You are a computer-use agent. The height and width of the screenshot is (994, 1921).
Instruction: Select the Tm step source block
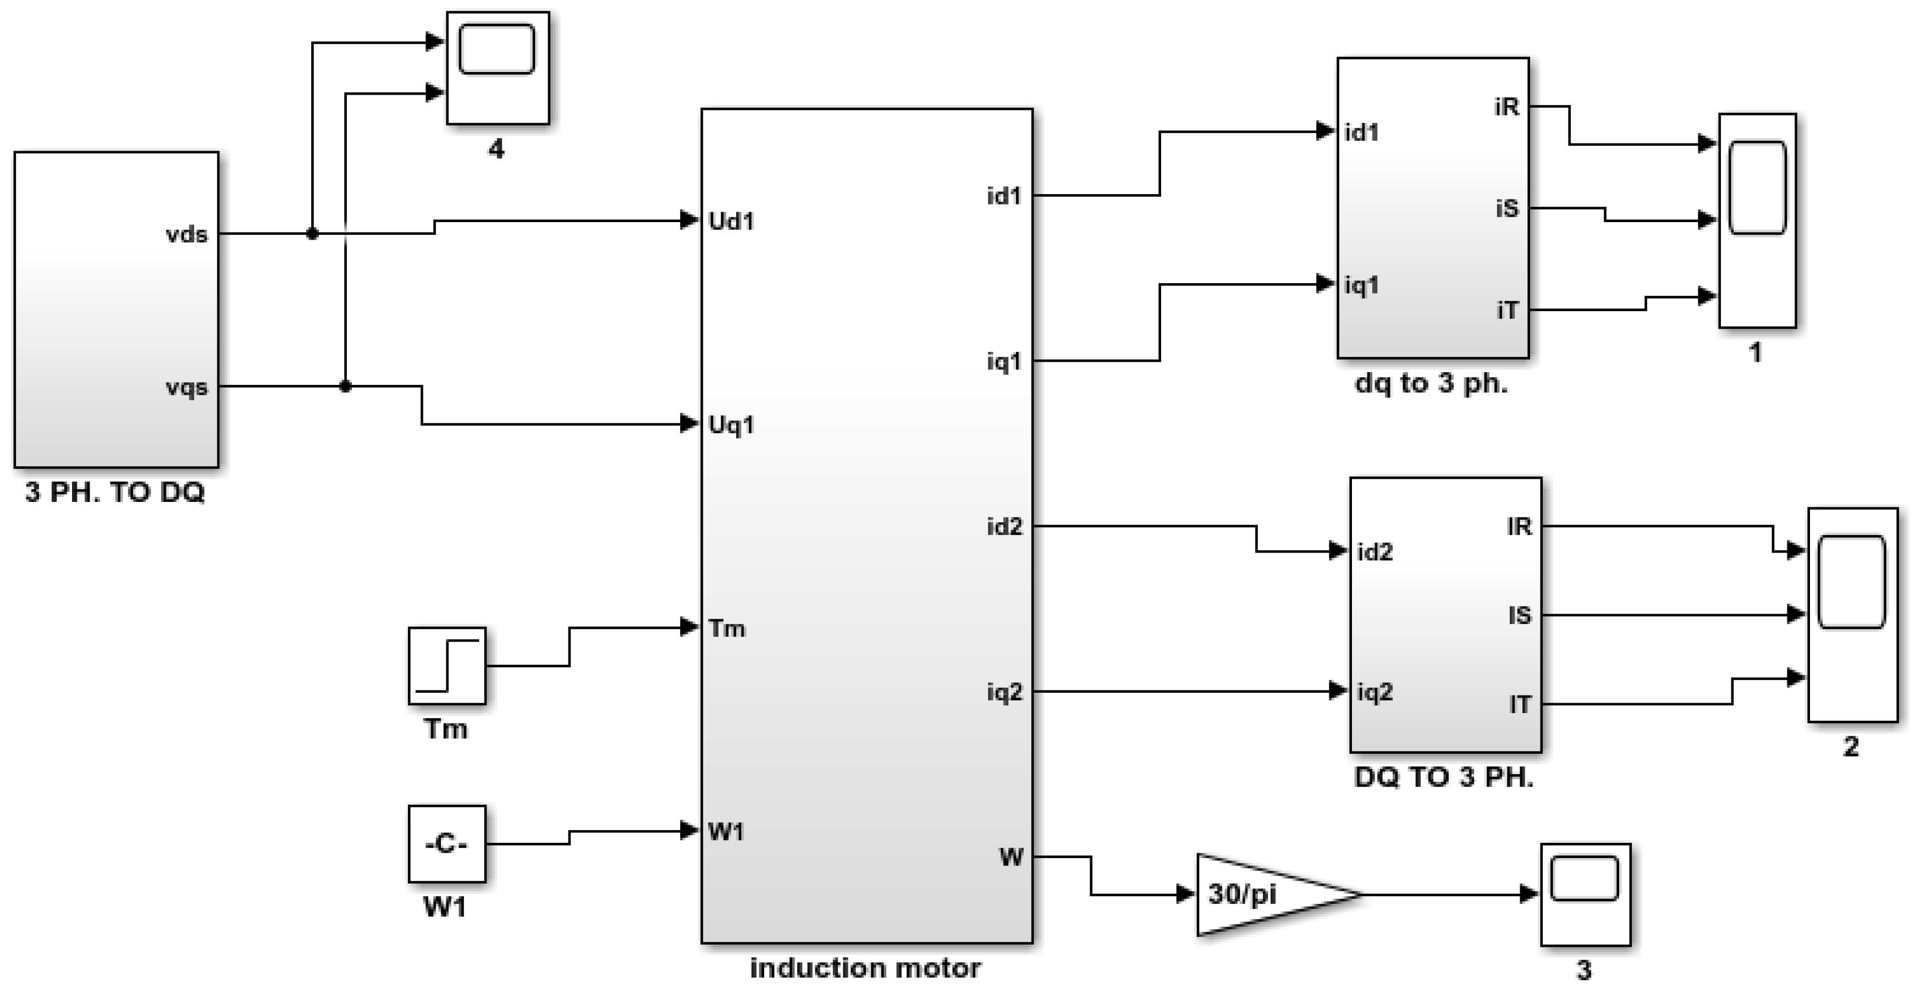(x=446, y=666)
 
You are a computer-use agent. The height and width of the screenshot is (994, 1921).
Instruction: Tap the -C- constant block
(x=446, y=844)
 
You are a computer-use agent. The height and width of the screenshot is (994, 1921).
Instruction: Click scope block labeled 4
(x=498, y=67)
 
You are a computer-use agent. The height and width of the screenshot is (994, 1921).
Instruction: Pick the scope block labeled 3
(x=1586, y=894)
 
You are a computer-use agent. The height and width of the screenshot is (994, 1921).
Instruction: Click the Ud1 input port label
(x=731, y=222)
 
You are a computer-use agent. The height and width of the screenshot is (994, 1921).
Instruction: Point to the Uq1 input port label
(x=731, y=425)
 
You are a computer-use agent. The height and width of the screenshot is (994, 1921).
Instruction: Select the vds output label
(x=186, y=235)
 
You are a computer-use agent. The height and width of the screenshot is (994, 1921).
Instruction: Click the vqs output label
(x=186, y=388)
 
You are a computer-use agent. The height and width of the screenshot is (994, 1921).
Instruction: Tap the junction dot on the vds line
(x=312, y=234)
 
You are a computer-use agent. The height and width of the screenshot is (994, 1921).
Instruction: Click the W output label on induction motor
(x=1011, y=858)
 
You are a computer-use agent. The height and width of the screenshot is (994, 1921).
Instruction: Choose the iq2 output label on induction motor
(x=1004, y=693)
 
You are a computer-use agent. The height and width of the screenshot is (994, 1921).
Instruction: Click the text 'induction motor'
(x=865, y=968)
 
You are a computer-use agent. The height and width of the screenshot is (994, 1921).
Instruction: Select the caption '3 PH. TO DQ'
(x=115, y=492)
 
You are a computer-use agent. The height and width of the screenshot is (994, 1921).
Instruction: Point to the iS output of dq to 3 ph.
(x=1506, y=209)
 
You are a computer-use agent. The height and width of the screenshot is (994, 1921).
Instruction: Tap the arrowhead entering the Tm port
(x=689, y=627)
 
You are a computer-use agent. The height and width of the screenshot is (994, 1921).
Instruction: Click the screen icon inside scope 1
(x=1757, y=188)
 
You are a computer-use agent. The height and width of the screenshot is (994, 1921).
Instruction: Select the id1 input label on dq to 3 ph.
(x=1361, y=132)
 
